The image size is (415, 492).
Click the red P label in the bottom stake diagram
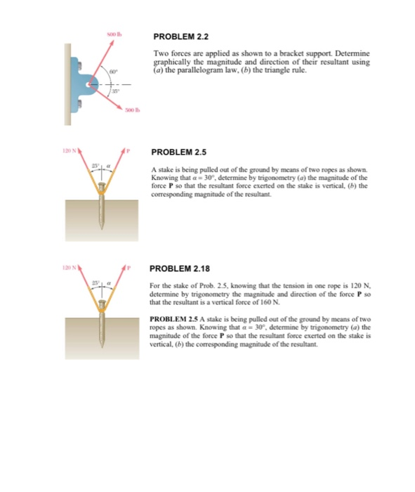coord(127,269)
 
